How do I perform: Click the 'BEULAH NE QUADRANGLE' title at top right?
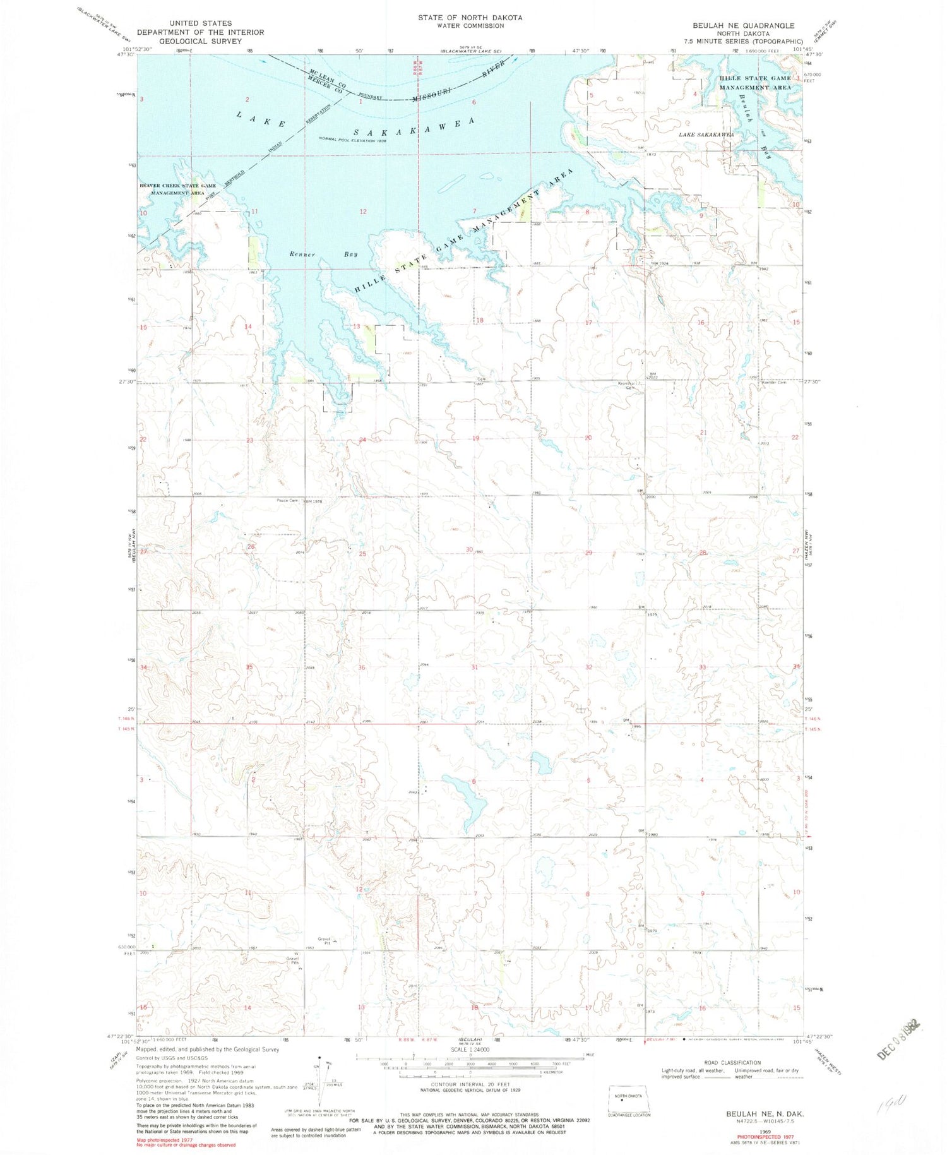[742, 26]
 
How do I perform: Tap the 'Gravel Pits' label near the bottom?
[292, 960]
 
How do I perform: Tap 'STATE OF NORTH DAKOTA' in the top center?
[470, 18]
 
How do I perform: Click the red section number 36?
[362, 667]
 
